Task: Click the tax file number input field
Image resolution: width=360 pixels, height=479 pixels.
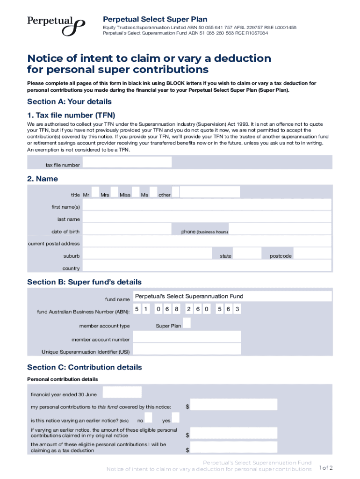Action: [x=127, y=162]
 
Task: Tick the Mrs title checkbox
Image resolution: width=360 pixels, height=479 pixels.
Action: [x=115, y=193]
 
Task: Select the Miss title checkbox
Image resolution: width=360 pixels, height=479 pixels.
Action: [x=136, y=193]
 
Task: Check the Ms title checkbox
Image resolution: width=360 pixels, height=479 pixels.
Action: [x=153, y=193]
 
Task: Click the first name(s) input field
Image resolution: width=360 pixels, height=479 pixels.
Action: [x=207, y=205]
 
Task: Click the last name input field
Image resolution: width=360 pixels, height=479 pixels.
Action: [x=207, y=218]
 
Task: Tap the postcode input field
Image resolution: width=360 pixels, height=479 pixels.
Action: [x=312, y=254]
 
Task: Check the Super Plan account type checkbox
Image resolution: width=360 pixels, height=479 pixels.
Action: [x=187, y=323]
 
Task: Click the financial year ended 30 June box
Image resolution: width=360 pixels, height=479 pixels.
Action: [x=122, y=392]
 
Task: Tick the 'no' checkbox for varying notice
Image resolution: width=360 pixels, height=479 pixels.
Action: [x=149, y=418]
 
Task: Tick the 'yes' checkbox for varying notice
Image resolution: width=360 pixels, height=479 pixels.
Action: [x=176, y=418]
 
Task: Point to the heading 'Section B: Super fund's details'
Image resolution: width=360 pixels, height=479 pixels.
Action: [x=84, y=282]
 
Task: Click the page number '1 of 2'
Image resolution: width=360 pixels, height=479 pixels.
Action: [x=325, y=468]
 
